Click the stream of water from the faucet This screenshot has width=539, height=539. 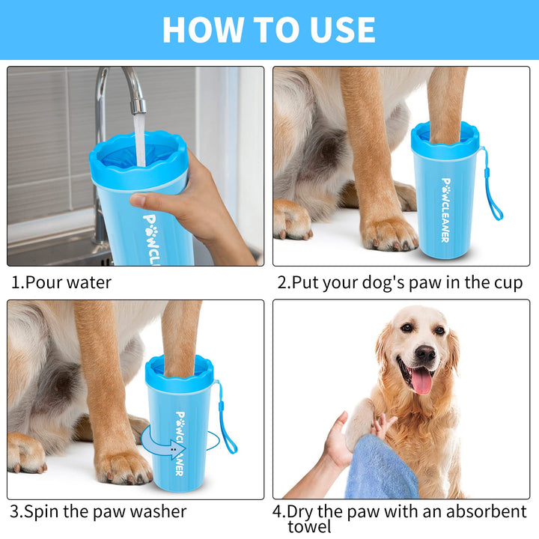[x=140, y=140]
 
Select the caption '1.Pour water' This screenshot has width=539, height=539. [x=61, y=282]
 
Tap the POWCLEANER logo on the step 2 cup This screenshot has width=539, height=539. [x=445, y=210]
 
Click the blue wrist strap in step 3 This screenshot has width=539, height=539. [x=226, y=417]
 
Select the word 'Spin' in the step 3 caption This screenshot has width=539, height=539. [x=42, y=512]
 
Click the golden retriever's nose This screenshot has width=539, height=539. [x=425, y=353]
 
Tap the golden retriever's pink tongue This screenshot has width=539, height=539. [x=421, y=381]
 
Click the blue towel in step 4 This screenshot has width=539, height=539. [x=382, y=468]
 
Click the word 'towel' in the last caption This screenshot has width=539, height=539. [x=309, y=526]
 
